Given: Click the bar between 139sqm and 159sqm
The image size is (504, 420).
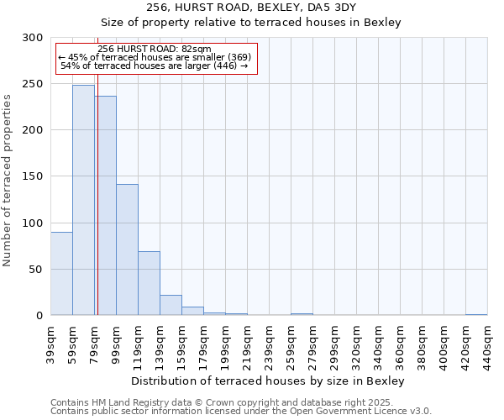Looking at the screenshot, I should point(171,305).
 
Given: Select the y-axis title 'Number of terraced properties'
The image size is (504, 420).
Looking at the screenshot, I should point(8,180).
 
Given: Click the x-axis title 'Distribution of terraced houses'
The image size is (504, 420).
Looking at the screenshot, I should point(269,381).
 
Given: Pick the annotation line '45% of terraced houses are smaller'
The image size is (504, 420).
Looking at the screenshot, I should point(155,57).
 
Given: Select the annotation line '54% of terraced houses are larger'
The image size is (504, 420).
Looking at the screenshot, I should point(155,66).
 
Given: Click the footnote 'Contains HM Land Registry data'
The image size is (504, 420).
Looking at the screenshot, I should point(239,403).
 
